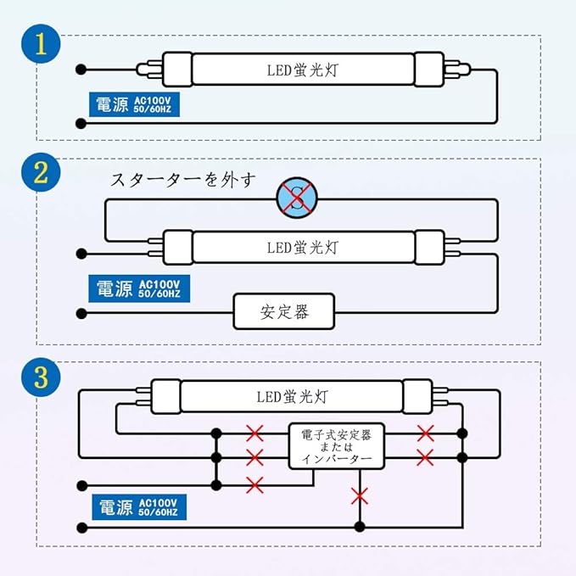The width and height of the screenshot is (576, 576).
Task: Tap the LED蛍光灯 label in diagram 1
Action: pos(302,69)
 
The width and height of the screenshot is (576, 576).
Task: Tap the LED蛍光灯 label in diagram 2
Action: pos(302,248)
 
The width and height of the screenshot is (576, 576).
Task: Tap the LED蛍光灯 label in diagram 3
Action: pos(291,395)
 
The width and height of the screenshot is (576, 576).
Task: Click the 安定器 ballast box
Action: pos(284,312)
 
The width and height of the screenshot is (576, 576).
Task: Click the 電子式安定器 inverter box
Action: pos(336,446)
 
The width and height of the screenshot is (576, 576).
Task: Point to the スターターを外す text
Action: pos(182,180)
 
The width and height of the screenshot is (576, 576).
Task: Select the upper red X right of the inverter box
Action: pos(426,433)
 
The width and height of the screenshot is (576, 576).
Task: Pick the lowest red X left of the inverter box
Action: pos(254,484)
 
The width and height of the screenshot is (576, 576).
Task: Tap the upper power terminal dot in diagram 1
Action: pos(81,69)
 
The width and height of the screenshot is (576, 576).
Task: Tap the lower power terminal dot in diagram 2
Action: pos(81,313)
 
